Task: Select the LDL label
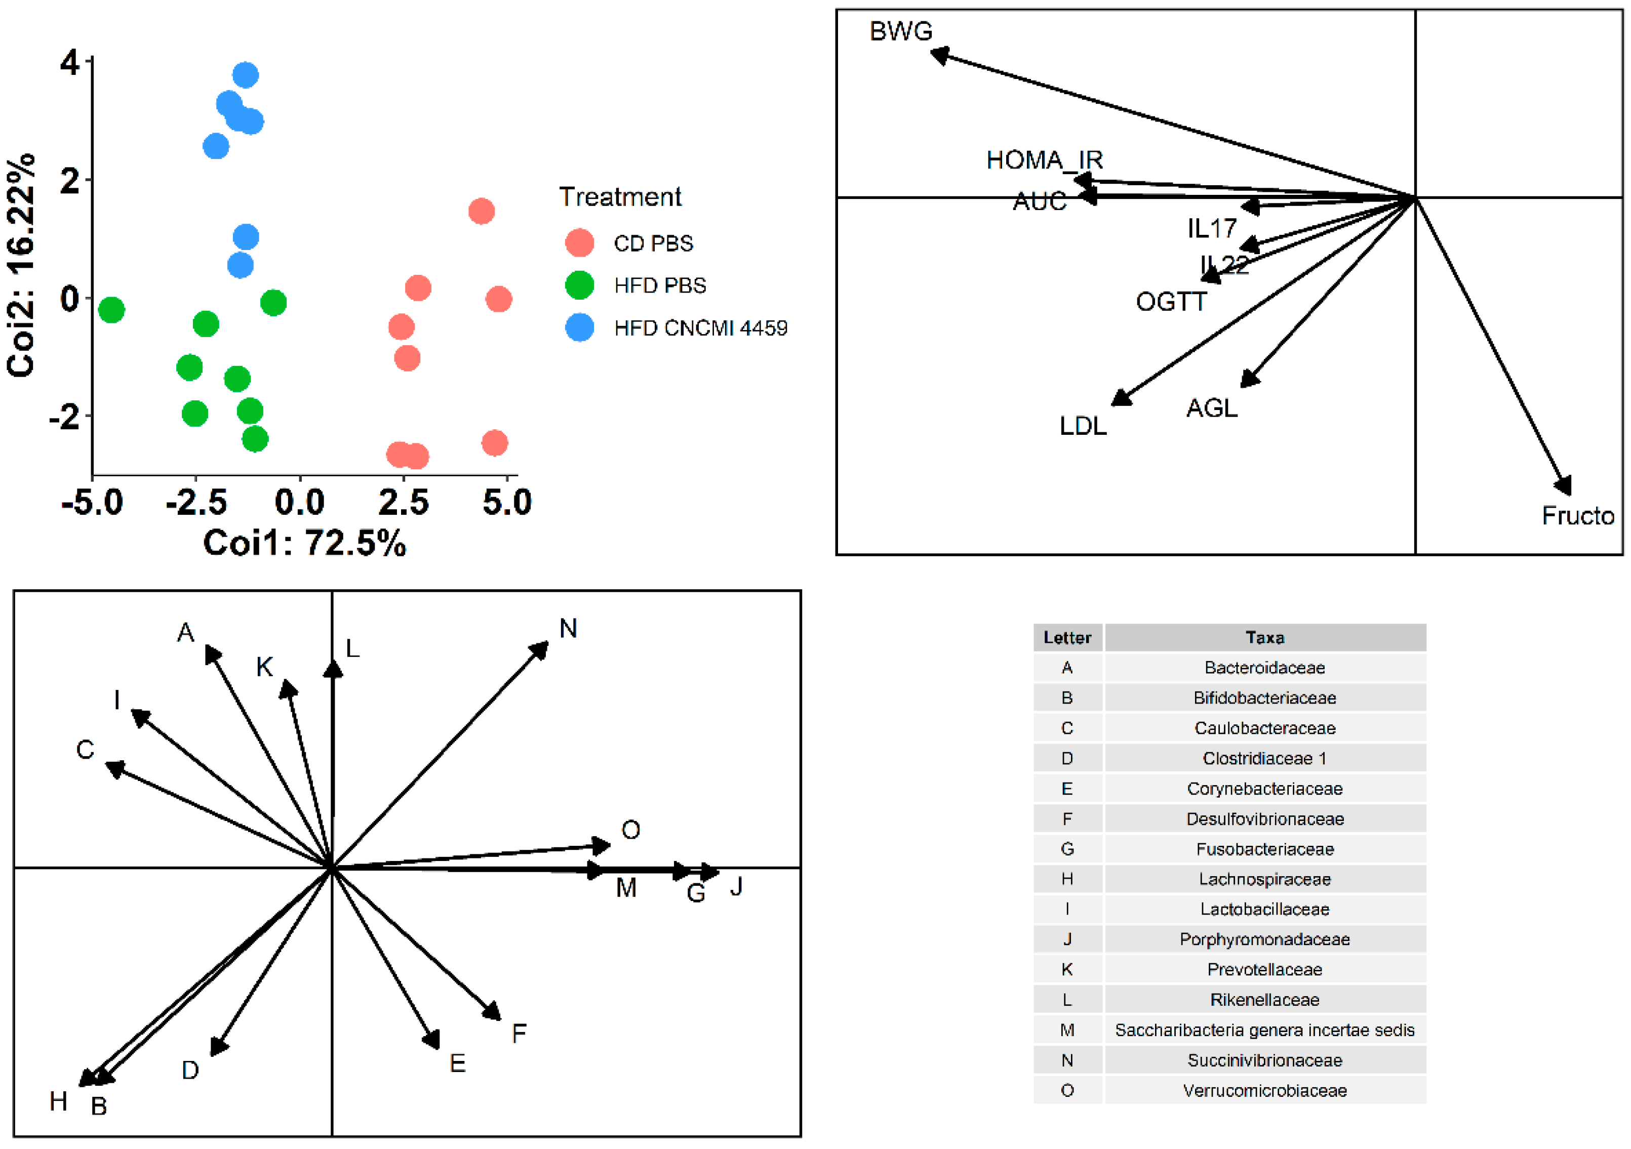click(1083, 426)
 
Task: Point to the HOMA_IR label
click(1044, 160)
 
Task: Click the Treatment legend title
click(619, 197)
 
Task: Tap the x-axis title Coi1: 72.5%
click(304, 544)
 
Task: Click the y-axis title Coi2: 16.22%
click(21, 264)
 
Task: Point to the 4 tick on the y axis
click(69, 62)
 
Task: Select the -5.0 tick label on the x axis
click(92, 503)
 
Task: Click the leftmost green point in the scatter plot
click(111, 310)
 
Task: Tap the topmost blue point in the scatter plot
click(245, 74)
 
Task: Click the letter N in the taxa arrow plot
click(568, 629)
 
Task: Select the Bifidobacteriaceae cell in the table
click(1264, 698)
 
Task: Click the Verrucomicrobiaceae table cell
click(1264, 1091)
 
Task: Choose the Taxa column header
click(1264, 638)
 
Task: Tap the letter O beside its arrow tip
click(630, 830)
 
